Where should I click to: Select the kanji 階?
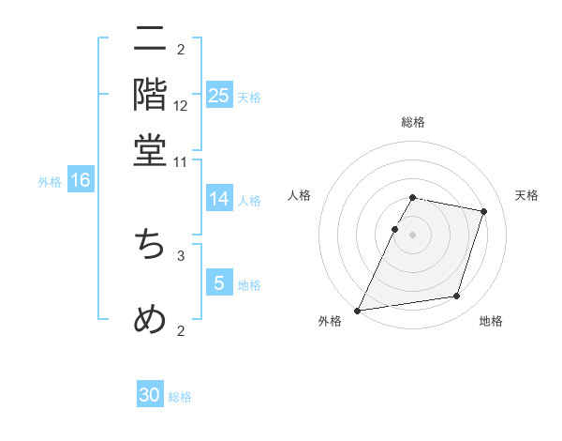[150, 94]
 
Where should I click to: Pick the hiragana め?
[150, 319]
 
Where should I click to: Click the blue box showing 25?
[219, 96]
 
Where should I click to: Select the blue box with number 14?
[219, 199]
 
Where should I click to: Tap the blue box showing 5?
[219, 283]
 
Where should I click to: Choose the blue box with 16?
[81, 181]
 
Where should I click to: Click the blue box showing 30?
[150, 396]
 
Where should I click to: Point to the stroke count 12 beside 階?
[181, 105]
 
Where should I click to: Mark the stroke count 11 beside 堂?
[181, 161]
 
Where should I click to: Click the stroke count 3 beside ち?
[181, 255]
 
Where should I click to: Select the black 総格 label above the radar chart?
[413, 122]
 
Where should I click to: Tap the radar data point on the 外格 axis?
[358, 311]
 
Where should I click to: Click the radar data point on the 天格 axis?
[484, 212]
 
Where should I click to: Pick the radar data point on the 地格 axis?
[457, 297]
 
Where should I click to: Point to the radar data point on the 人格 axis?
[395, 229]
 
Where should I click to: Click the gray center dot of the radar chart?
[413, 235]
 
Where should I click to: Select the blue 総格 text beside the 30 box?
[181, 397]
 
